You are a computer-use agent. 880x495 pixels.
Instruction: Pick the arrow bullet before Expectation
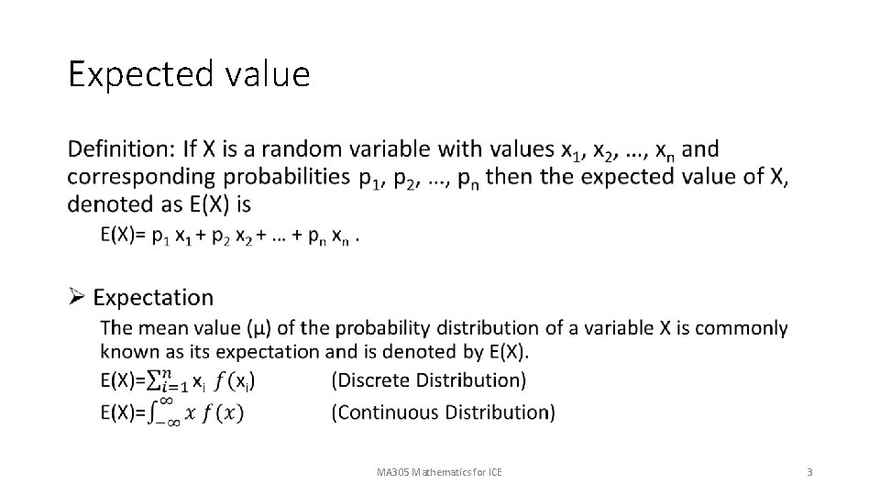[x=77, y=296]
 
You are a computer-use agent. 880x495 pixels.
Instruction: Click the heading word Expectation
[x=153, y=297]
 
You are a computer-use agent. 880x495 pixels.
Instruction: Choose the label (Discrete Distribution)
[x=429, y=379]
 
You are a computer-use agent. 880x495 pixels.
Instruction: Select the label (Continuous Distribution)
[x=444, y=412]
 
